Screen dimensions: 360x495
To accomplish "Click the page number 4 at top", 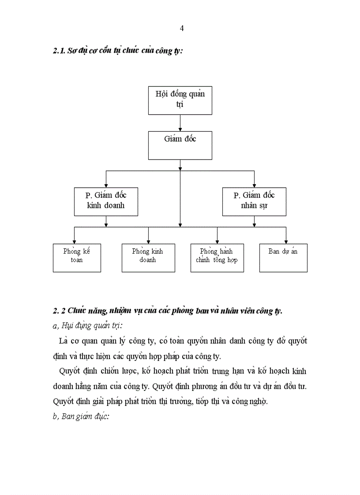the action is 182,29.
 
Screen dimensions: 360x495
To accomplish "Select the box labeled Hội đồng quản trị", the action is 180,100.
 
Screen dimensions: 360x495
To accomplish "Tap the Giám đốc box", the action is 180,145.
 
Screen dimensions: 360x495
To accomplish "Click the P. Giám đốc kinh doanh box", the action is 106,201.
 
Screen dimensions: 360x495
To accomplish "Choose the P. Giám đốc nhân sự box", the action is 254,201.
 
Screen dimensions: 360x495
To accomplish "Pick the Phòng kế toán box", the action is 77,257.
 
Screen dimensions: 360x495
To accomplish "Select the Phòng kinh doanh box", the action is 148,257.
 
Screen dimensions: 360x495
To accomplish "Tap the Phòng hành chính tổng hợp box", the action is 217,257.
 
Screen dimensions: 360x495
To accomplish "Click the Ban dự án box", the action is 283,257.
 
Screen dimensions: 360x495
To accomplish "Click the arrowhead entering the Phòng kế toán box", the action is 74,241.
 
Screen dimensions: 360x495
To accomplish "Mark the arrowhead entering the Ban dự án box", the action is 286,241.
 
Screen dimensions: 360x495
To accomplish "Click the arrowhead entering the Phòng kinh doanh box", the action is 148,241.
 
